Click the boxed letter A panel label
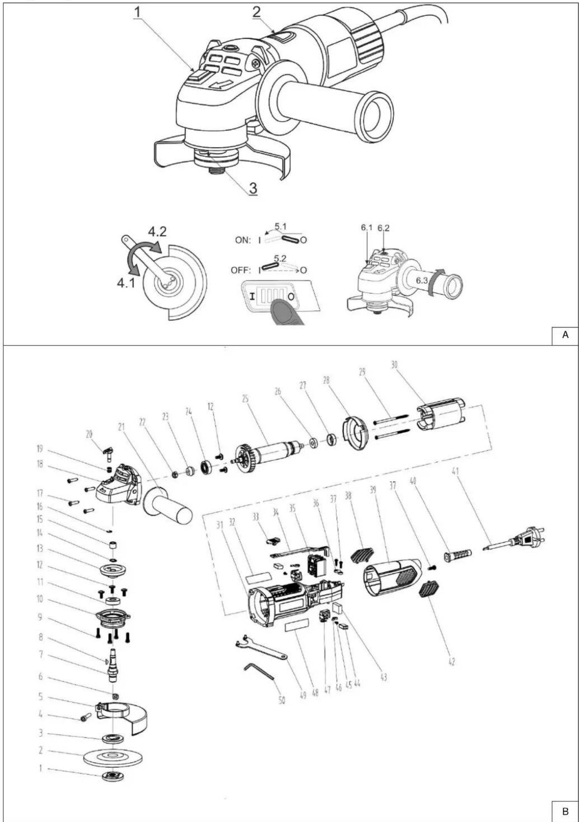tap(565, 335)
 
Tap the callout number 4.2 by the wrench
tap(157, 232)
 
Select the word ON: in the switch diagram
tap(243, 240)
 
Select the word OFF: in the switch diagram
tap(240, 270)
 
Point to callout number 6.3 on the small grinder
tap(422, 280)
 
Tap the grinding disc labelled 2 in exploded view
tap(113, 757)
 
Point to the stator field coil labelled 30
tap(440, 414)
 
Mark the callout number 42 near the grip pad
tap(451, 663)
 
